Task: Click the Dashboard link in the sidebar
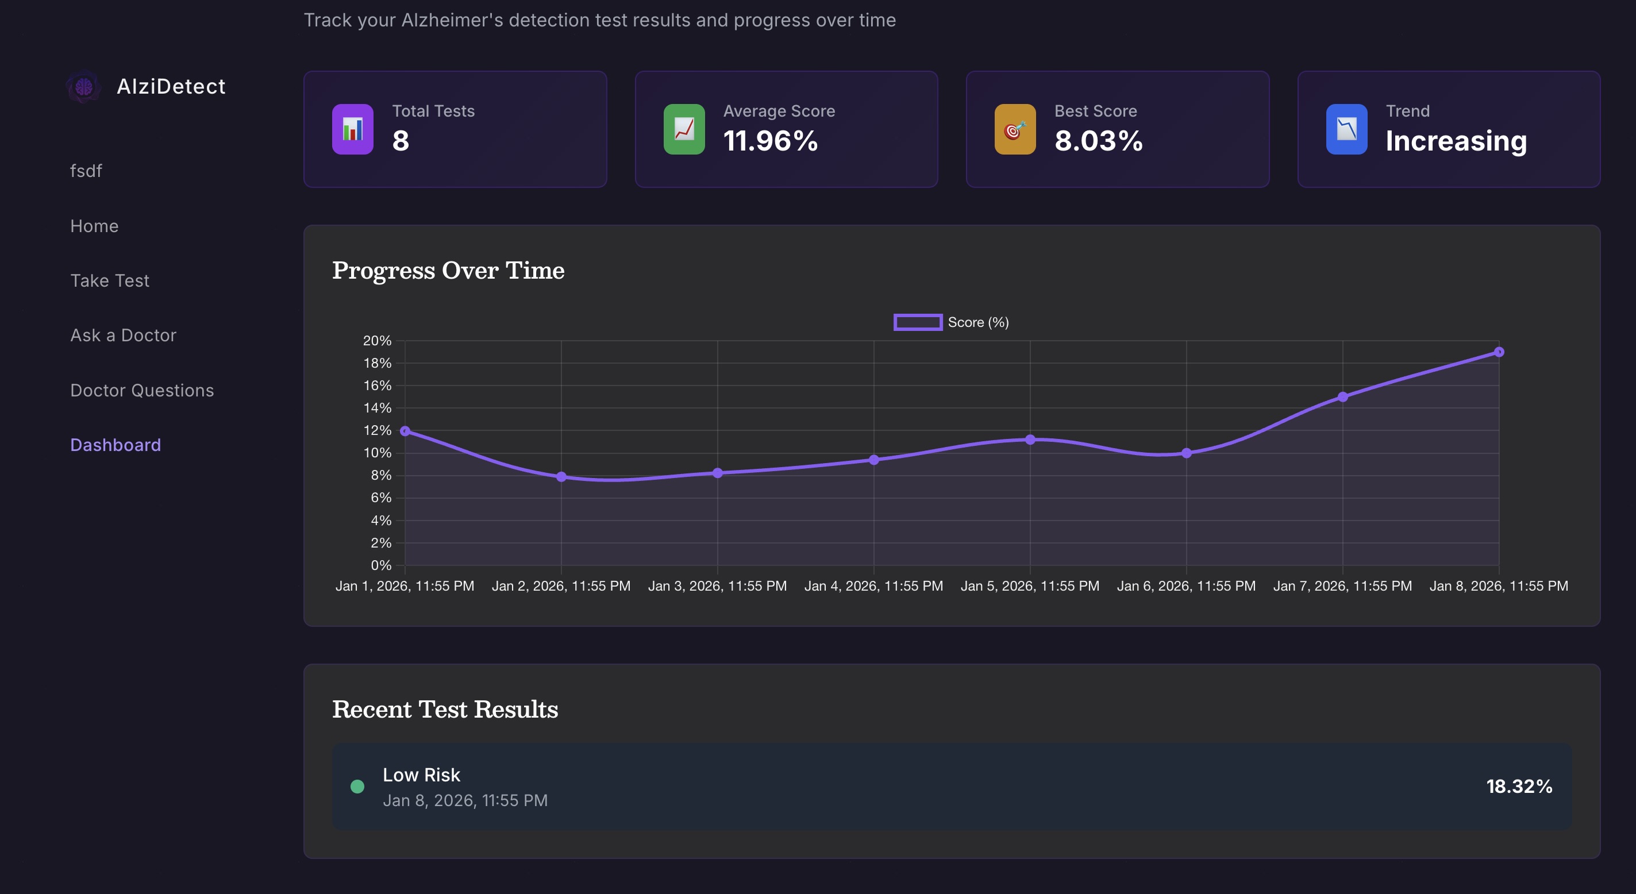click(x=116, y=445)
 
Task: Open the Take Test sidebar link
click(x=110, y=280)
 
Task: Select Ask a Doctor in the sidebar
click(x=123, y=336)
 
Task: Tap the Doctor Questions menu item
click(x=141, y=390)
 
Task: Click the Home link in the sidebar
click(x=94, y=226)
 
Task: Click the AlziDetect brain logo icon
click(x=84, y=87)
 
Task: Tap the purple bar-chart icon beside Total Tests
click(x=352, y=129)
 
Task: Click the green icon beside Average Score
click(x=684, y=129)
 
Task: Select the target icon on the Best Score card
click(x=1015, y=129)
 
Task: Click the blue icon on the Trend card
click(x=1346, y=129)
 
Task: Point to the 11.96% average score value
click(x=771, y=141)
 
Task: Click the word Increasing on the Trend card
click(x=1456, y=141)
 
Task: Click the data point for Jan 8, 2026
click(x=1499, y=352)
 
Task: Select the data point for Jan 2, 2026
click(x=561, y=476)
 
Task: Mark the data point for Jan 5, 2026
click(x=1030, y=440)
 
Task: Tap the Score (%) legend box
click(x=918, y=322)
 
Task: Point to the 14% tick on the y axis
click(x=377, y=407)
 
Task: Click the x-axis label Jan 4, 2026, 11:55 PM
click(x=873, y=585)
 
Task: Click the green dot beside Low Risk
click(x=357, y=787)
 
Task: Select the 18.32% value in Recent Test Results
click(x=1519, y=787)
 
